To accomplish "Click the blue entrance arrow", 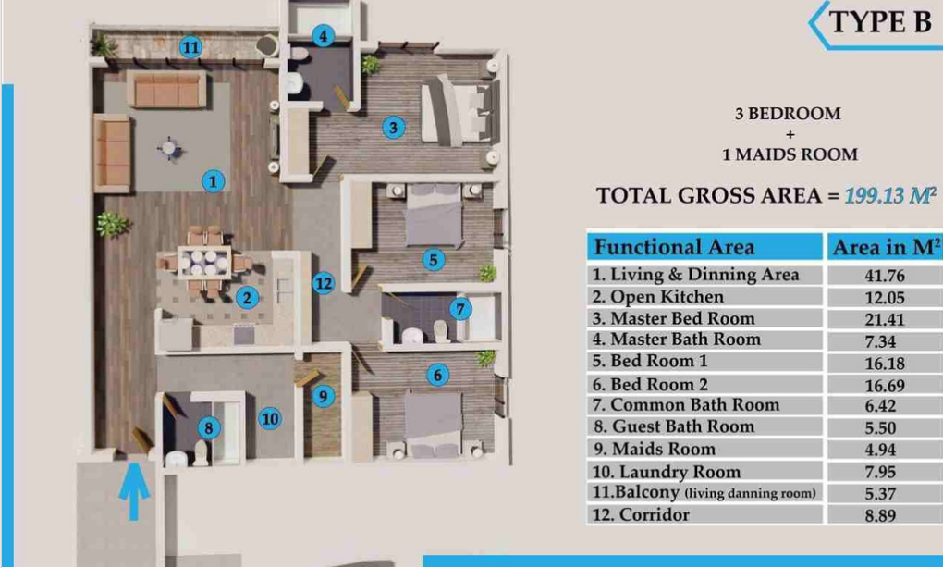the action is [133, 491].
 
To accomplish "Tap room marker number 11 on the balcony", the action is [190, 47].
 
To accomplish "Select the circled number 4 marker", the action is [323, 36].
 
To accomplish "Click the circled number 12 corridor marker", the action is [324, 283].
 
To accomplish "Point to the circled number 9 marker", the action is [324, 396].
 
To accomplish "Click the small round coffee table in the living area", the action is [169, 147].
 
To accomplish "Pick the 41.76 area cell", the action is [885, 276].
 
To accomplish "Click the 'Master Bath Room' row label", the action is [677, 340].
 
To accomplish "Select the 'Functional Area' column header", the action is [674, 247].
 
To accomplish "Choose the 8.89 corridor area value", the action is [880, 515].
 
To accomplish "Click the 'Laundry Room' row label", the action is [667, 472].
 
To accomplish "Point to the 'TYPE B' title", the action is [880, 22].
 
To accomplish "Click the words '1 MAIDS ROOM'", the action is [790, 154].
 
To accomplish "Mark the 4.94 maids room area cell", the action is [880, 451].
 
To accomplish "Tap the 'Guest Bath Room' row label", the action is [674, 426].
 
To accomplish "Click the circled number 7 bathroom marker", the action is [460, 309].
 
